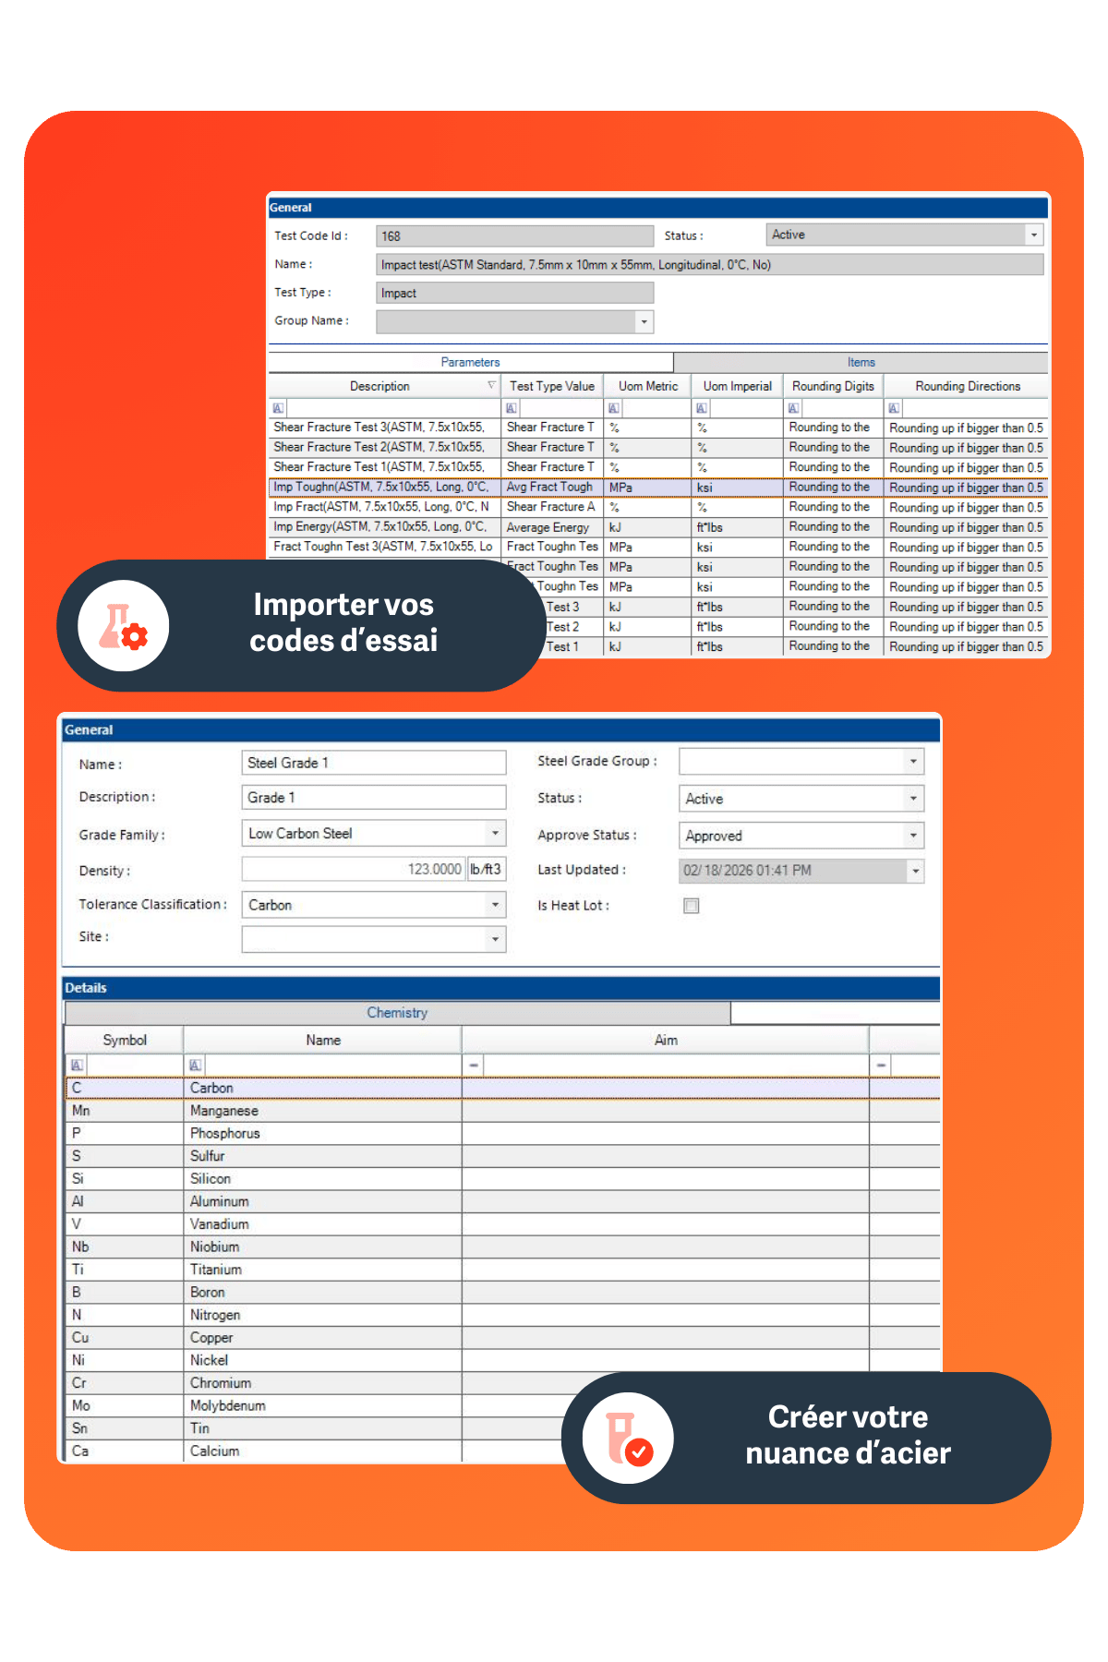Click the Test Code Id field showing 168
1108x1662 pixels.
tap(513, 236)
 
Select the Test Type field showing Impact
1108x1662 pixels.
tap(513, 293)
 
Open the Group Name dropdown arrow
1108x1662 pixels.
tap(644, 321)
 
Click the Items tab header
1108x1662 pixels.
tap(861, 362)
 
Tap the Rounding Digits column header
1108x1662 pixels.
tap(832, 386)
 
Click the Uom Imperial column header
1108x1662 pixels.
tap(737, 386)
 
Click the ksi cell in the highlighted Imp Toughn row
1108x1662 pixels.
tap(736, 488)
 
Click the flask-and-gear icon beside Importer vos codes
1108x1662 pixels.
tap(124, 626)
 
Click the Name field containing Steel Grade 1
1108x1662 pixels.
tap(373, 763)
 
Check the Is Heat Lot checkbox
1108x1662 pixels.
tap(691, 906)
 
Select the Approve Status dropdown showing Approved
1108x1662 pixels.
tap(800, 836)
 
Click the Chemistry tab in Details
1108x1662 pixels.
tap(397, 1013)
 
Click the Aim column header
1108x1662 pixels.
tap(665, 1040)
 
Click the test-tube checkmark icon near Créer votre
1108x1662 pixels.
tap(628, 1438)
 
